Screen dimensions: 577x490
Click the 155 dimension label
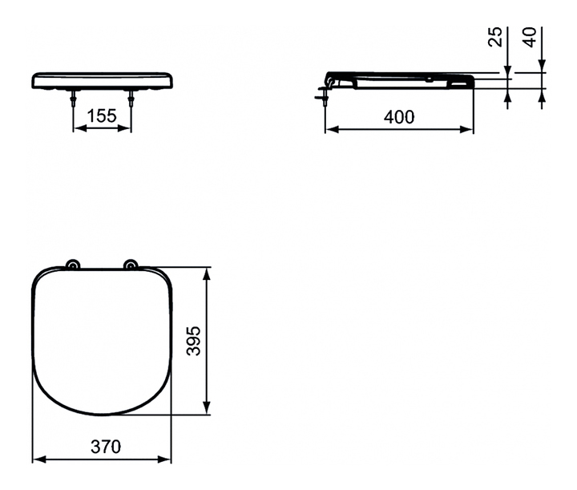(x=102, y=115)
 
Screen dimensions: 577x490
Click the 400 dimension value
(x=399, y=117)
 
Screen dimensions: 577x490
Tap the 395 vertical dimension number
(x=194, y=341)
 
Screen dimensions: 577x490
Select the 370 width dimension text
(x=106, y=447)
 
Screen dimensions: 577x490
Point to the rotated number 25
(x=495, y=36)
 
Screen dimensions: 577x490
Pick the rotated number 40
(x=530, y=37)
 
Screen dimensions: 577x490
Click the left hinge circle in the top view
(x=72, y=265)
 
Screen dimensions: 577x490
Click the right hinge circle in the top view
(x=131, y=265)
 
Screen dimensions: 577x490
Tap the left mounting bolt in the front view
(x=74, y=99)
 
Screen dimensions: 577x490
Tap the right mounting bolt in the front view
(x=131, y=99)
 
